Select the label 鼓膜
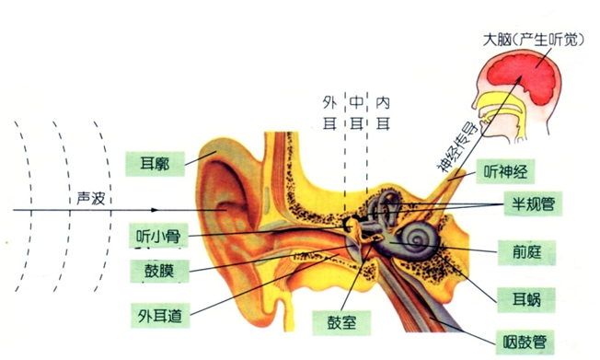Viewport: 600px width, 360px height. (156, 272)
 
